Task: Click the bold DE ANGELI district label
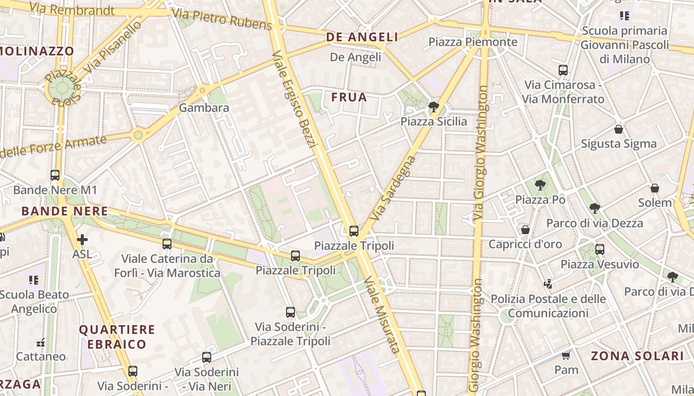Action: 362,37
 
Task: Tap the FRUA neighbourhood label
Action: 349,98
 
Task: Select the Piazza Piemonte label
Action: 473,42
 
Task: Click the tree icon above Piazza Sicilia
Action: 434,106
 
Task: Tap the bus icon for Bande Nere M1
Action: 55,175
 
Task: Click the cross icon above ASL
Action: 82,240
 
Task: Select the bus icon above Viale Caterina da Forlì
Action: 167,244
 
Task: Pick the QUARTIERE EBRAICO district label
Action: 117,337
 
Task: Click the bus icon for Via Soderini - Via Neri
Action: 207,357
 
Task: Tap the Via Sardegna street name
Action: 392,188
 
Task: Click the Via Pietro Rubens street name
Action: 221,19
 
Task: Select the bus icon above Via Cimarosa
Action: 563,70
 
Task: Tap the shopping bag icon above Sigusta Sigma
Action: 618,129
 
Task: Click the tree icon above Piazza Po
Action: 540,185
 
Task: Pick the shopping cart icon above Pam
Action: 566,355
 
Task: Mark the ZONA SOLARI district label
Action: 637,356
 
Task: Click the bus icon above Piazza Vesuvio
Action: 600,249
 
